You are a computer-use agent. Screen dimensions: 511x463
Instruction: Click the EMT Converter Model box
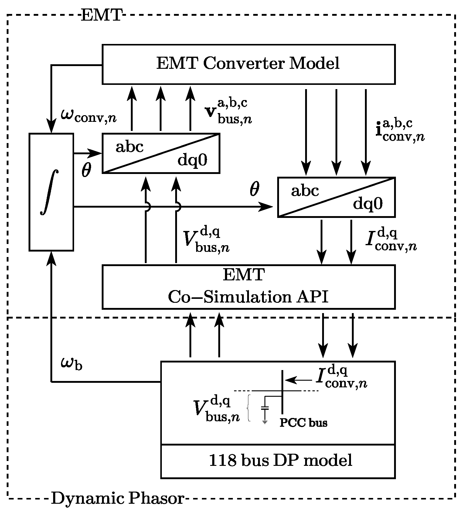coord(248,64)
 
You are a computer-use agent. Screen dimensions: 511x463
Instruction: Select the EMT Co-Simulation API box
coord(248,287)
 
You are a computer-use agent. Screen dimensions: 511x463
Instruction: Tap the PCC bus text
coord(303,422)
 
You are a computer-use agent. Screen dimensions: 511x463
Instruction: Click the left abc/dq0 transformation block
coord(161,153)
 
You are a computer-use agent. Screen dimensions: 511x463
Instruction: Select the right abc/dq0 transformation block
coord(336,197)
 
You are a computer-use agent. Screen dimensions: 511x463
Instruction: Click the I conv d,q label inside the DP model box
coord(341,378)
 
